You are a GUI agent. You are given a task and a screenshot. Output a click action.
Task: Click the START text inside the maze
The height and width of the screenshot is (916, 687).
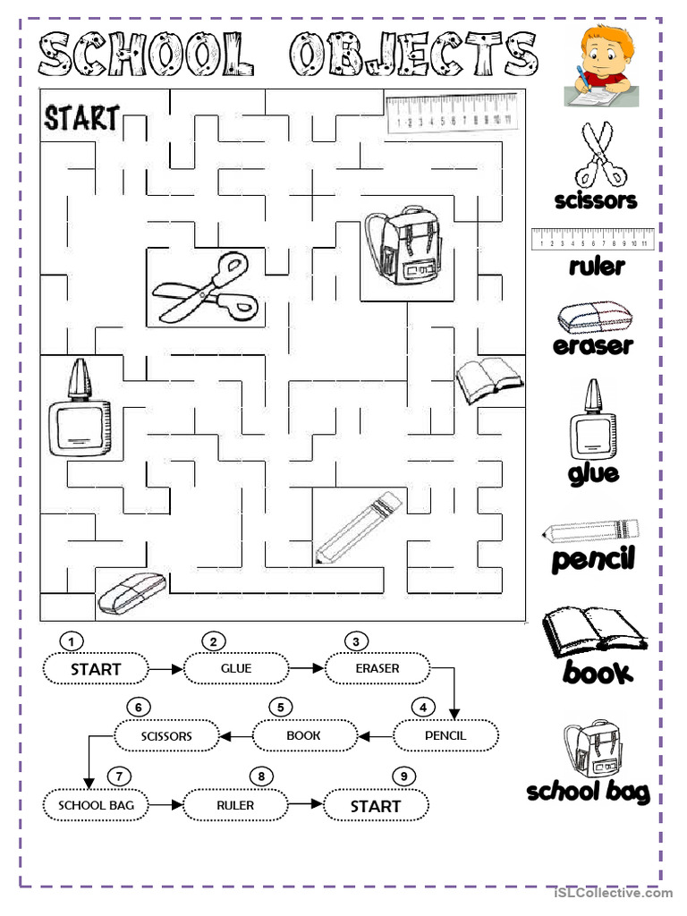pyautogui.click(x=81, y=117)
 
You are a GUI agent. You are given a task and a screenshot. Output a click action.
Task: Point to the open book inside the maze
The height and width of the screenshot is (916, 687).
pyautogui.click(x=488, y=379)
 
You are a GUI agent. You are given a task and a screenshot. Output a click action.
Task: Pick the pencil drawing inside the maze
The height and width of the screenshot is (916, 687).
pyautogui.click(x=356, y=527)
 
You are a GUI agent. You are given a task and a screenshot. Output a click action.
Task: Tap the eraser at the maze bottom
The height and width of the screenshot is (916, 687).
pyautogui.click(x=131, y=593)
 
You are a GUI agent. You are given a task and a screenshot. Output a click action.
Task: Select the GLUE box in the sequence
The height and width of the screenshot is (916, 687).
pyautogui.click(x=236, y=668)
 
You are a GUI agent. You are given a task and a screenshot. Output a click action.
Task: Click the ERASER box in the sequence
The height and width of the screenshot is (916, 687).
pyautogui.click(x=377, y=668)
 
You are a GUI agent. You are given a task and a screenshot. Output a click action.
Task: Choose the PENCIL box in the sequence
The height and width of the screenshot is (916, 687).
pyautogui.click(x=446, y=736)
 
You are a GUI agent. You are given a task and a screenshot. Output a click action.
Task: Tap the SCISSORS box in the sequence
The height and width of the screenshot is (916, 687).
pyautogui.click(x=166, y=736)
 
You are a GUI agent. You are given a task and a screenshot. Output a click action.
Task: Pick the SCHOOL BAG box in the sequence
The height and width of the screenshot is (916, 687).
pyautogui.click(x=96, y=805)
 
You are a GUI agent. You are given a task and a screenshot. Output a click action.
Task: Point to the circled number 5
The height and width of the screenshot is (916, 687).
pyautogui.click(x=280, y=708)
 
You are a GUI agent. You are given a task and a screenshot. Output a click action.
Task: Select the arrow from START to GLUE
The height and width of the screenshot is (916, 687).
pyautogui.click(x=165, y=668)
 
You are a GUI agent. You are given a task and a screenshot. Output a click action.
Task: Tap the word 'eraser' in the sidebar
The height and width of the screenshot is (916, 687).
pyautogui.click(x=593, y=345)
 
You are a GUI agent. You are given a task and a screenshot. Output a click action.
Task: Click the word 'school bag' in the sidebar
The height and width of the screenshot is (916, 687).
pyautogui.click(x=588, y=792)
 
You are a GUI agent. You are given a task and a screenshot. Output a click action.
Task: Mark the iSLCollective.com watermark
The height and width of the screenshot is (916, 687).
pyautogui.click(x=613, y=893)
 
